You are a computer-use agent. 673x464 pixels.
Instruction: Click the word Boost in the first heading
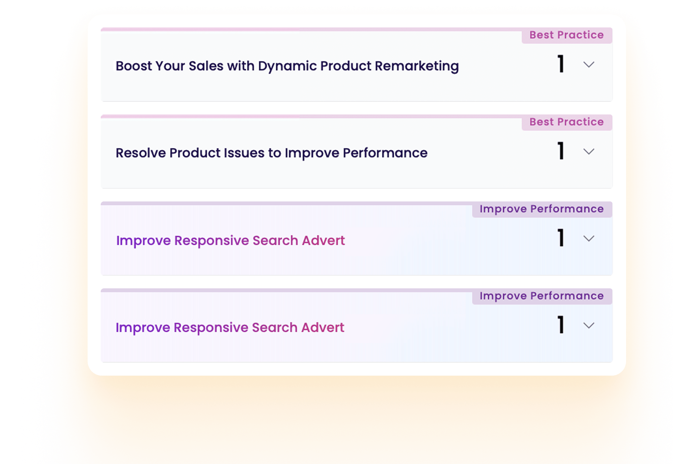coord(134,66)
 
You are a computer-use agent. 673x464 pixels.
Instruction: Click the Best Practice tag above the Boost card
coord(566,35)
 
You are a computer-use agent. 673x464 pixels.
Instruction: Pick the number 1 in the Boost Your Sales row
coord(561,64)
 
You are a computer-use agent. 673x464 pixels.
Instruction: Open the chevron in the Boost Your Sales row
coord(589,65)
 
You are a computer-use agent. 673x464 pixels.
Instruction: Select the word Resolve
coord(140,153)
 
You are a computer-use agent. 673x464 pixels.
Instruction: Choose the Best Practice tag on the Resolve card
coord(566,122)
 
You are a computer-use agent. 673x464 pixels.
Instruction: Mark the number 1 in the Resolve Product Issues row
coord(561,151)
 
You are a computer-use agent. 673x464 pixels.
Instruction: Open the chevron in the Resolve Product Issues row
coord(589,152)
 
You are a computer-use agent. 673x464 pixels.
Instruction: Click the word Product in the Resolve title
coord(195,153)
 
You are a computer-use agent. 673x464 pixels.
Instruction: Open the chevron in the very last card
coord(589,325)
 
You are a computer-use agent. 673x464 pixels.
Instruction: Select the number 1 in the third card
coord(561,238)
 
